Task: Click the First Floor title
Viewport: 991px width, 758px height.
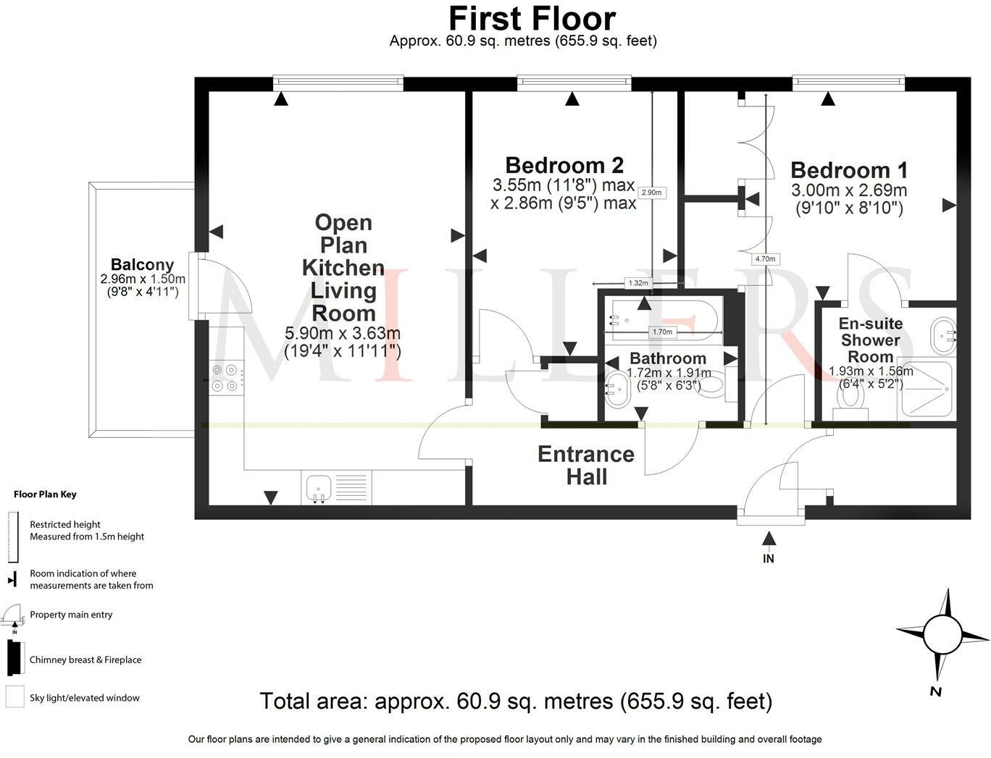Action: [532, 19]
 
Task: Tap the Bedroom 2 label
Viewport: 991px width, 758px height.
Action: [564, 166]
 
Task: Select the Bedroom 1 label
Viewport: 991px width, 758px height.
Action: [849, 171]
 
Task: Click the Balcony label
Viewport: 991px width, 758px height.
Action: [142, 264]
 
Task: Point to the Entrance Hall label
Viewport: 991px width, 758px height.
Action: [586, 466]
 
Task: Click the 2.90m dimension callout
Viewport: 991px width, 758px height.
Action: [651, 193]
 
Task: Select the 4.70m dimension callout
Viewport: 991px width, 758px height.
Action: [765, 259]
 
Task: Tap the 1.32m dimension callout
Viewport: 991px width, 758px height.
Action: [638, 283]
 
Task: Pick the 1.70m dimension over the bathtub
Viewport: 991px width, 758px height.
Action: [662, 332]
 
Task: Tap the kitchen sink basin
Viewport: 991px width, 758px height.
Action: [318, 488]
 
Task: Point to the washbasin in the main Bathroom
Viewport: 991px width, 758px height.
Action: [618, 389]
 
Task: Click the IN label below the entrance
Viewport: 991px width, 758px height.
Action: [769, 559]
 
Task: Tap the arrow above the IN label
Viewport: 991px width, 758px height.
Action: [769, 538]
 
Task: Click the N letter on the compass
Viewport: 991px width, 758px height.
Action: [935, 691]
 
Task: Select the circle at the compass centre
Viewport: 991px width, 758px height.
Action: [942, 635]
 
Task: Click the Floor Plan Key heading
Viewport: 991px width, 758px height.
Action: [45, 494]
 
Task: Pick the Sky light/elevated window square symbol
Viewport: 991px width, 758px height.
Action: [15, 696]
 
